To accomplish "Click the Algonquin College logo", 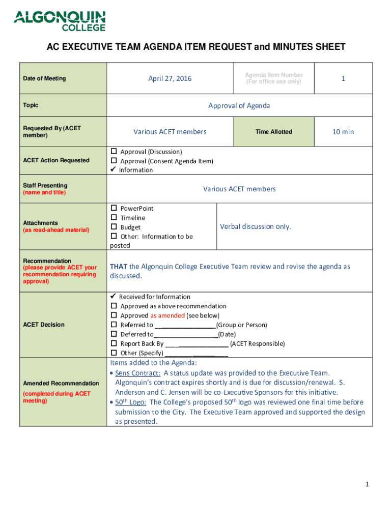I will tap(60, 21).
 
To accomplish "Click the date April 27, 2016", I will tap(170, 78).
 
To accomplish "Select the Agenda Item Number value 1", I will tap(343, 78).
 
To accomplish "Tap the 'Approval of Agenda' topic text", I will tap(239, 106).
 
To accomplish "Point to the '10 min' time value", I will tap(343, 132).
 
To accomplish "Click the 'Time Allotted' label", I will tap(273, 132).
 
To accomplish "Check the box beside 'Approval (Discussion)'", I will tap(114, 152).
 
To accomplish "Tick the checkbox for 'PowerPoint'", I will tap(114, 209).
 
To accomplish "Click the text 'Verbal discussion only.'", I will tap(256, 227).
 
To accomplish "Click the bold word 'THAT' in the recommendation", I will tap(119, 267).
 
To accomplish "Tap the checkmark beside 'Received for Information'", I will tap(114, 297).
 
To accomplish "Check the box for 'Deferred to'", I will tap(114, 334).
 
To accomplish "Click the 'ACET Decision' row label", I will tap(43, 325).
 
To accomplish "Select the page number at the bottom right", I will tap(366, 485).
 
